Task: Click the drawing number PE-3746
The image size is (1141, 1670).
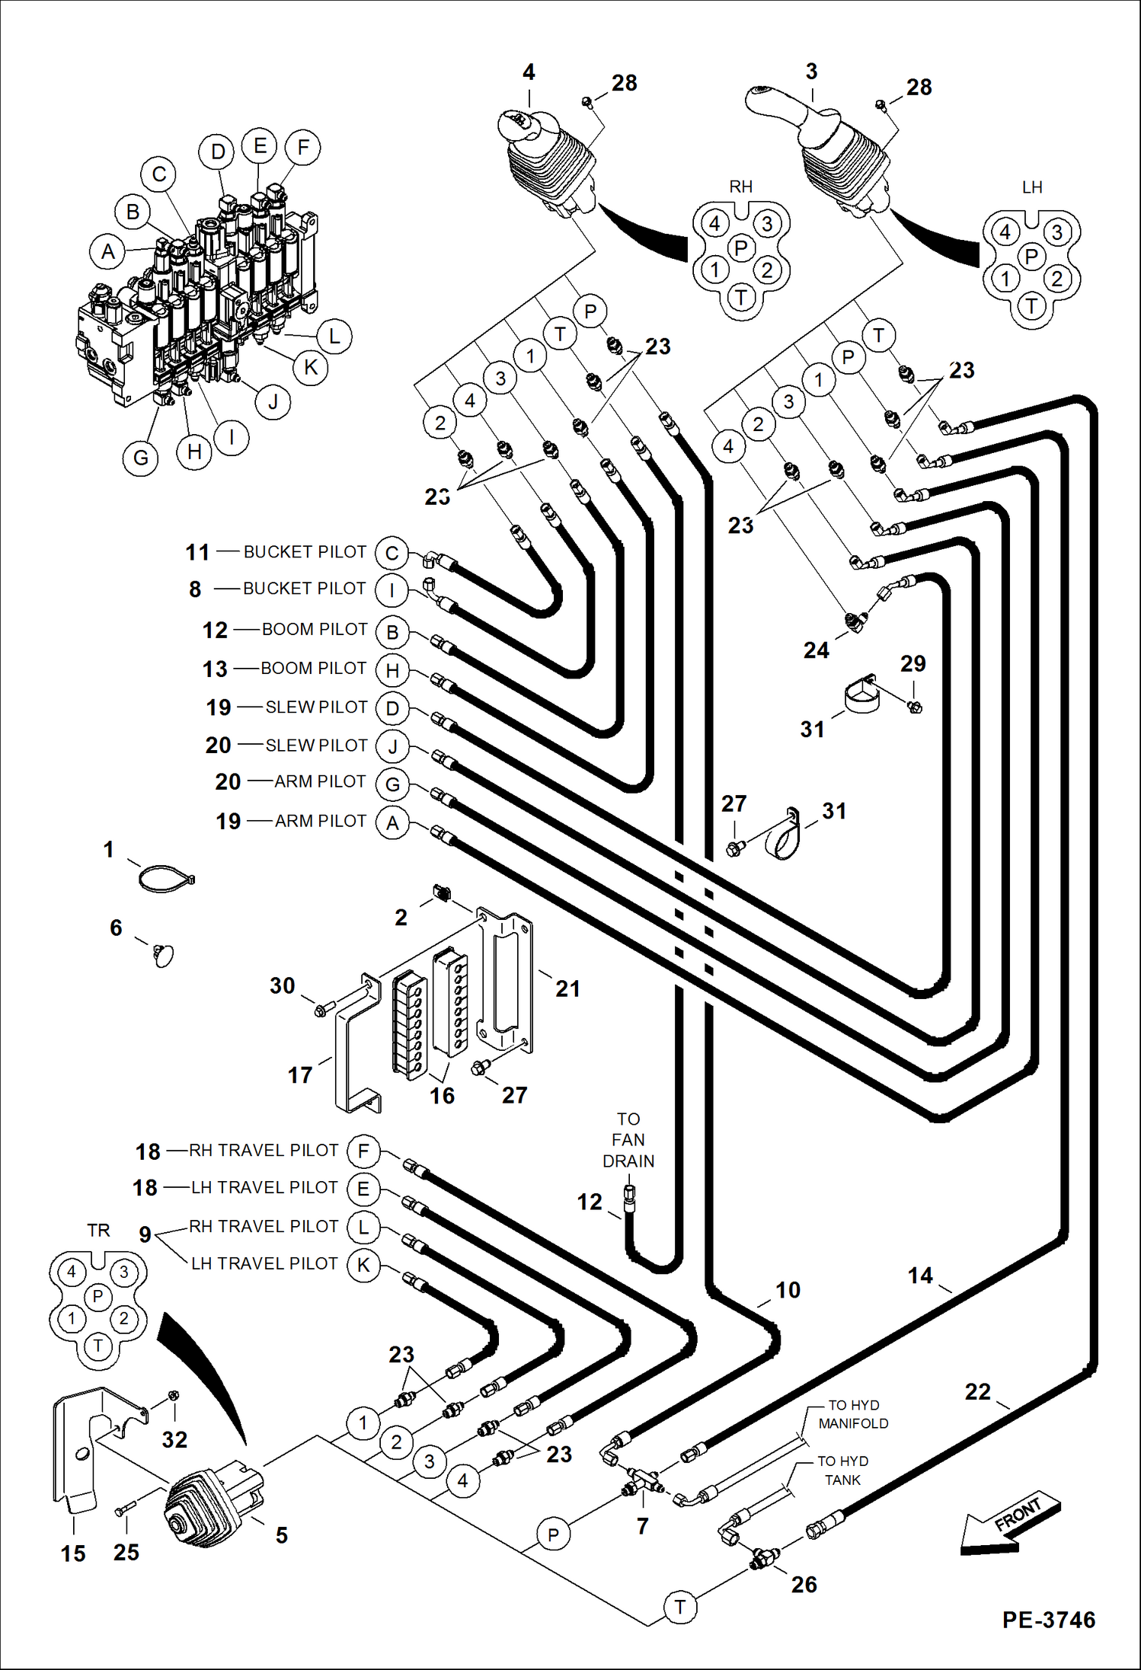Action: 1048,1620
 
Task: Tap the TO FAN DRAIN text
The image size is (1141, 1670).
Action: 628,1140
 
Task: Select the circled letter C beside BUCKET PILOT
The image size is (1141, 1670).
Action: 392,553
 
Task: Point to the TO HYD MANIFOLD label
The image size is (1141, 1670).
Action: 853,1414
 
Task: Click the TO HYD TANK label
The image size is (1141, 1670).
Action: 842,1470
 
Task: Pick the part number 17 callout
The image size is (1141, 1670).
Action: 300,1075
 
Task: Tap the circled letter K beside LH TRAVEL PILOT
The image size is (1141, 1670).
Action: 363,1265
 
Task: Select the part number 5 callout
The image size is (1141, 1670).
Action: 282,1535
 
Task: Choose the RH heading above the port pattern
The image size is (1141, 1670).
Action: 740,187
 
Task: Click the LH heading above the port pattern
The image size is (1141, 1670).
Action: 1032,187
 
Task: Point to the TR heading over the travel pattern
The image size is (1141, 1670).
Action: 98,1230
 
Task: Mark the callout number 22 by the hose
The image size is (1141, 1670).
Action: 977,1391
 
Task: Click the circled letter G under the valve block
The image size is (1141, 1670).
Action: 141,458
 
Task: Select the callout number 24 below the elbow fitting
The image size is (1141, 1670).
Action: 816,650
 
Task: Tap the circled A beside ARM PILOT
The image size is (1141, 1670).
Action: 393,823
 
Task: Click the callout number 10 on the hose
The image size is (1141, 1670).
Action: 788,1290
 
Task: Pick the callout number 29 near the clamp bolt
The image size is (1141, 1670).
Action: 912,663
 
